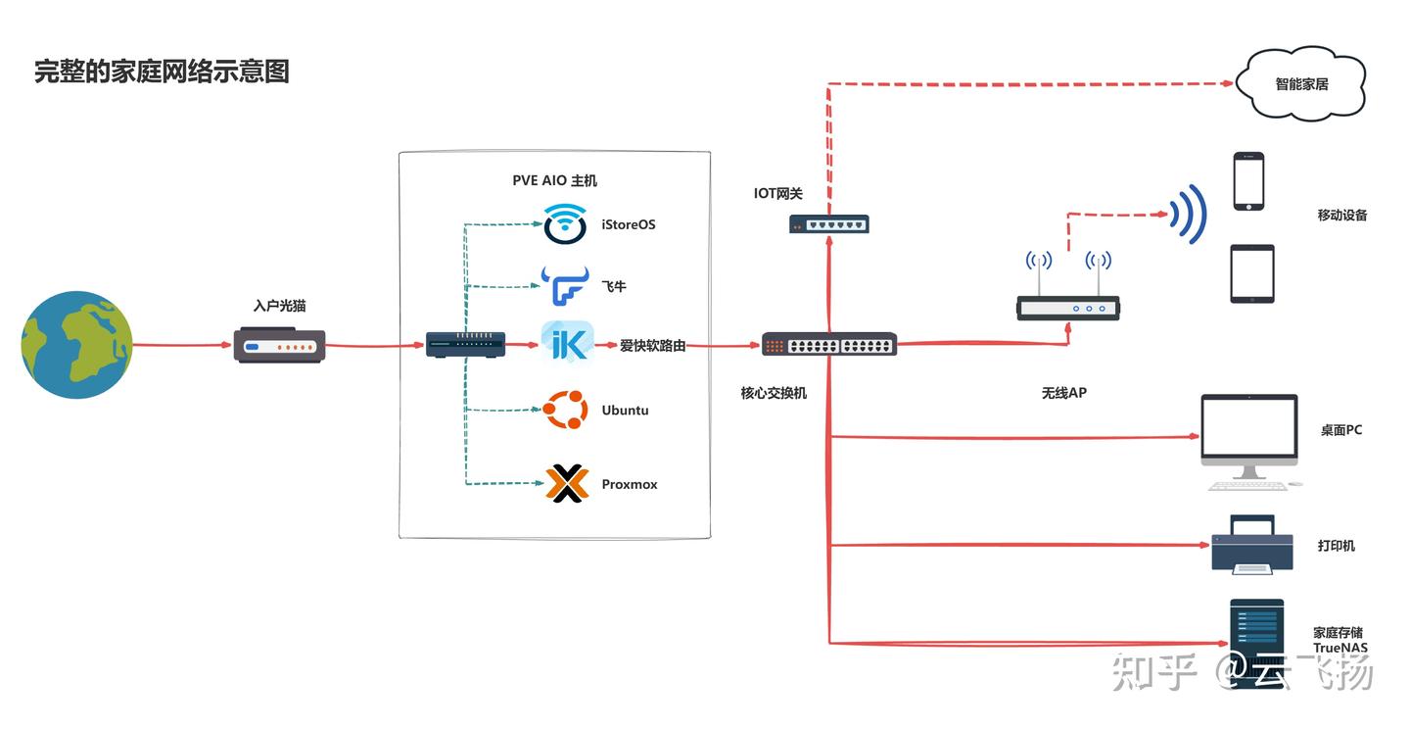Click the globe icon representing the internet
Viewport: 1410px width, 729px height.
pos(76,345)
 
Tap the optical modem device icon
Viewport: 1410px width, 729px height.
pos(279,345)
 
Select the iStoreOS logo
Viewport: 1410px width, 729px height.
pos(565,223)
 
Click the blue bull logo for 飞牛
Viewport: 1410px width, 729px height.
pos(565,285)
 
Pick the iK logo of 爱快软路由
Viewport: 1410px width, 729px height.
pos(567,342)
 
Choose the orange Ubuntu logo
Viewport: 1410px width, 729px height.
pos(565,410)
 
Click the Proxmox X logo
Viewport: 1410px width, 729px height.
pos(567,483)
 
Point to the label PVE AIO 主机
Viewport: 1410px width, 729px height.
pos(554,181)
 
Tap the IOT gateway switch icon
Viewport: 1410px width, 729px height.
pos(829,224)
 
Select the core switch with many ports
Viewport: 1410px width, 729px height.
pos(829,345)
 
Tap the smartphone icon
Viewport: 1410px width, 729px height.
pos(1248,181)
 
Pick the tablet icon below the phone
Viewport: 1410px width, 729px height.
pos(1252,273)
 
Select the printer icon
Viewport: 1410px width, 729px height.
pos(1252,545)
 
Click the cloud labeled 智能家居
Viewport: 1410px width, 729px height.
pos(1301,84)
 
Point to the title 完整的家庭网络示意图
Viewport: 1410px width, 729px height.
pos(162,72)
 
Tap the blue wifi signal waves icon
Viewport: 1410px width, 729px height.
pos(1189,215)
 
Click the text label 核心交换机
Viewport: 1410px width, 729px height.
pos(774,393)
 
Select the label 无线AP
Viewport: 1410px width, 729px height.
pos(1063,393)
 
